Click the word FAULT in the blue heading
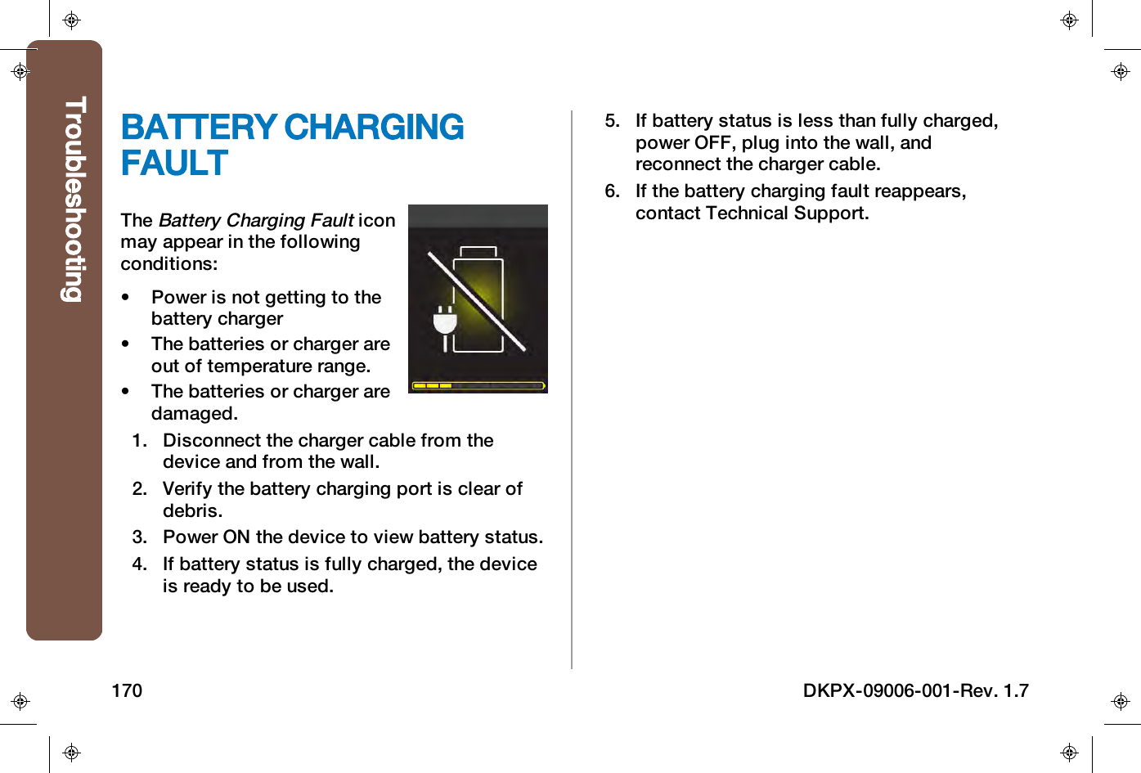pyautogui.click(x=174, y=164)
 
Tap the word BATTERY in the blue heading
pyautogui.click(x=199, y=128)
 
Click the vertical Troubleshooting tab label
pyautogui.click(x=74, y=200)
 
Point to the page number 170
pyautogui.click(x=127, y=691)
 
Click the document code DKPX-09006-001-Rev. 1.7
pyautogui.click(x=915, y=691)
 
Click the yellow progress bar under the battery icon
pyautogui.click(x=478, y=385)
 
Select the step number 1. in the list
pyautogui.click(x=140, y=441)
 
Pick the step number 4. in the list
pyautogui.click(x=140, y=564)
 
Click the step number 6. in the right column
pyautogui.click(x=613, y=191)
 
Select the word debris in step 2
pyautogui.click(x=191, y=511)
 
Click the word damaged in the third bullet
pyautogui.click(x=192, y=414)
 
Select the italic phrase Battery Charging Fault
pyautogui.click(x=256, y=221)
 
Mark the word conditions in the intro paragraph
pyautogui.click(x=167, y=264)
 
